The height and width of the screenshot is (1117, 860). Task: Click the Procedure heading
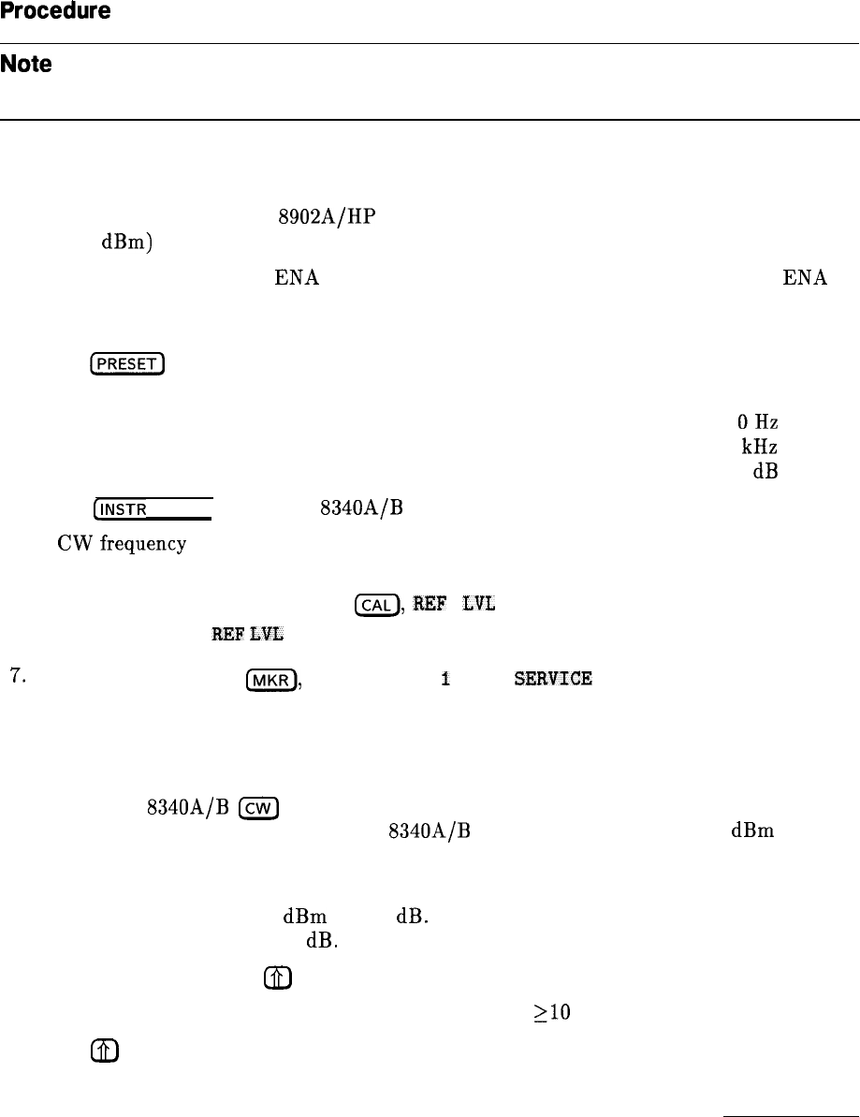[56, 12]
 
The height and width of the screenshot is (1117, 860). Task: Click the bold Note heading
[25, 66]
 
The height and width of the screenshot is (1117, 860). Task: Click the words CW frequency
[93, 539]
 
